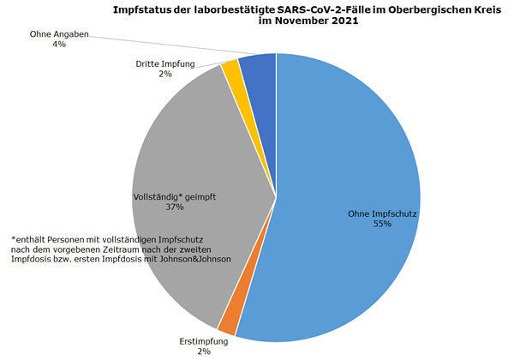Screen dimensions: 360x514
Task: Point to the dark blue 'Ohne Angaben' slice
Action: pyautogui.click(x=258, y=65)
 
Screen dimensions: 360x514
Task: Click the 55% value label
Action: pyautogui.click(x=382, y=224)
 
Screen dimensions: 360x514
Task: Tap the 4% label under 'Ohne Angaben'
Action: pyautogui.click(x=58, y=44)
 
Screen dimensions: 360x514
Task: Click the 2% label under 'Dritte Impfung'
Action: pyautogui.click(x=164, y=74)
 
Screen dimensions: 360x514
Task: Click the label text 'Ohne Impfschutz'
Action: pyautogui.click(x=382, y=213)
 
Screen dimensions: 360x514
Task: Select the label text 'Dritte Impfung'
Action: pyautogui.click(x=165, y=63)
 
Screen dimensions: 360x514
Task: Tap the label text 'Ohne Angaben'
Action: pyautogui.click(x=58, y=33)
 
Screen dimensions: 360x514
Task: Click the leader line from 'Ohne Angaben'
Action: pyautogui.click(x=171, y=44)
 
